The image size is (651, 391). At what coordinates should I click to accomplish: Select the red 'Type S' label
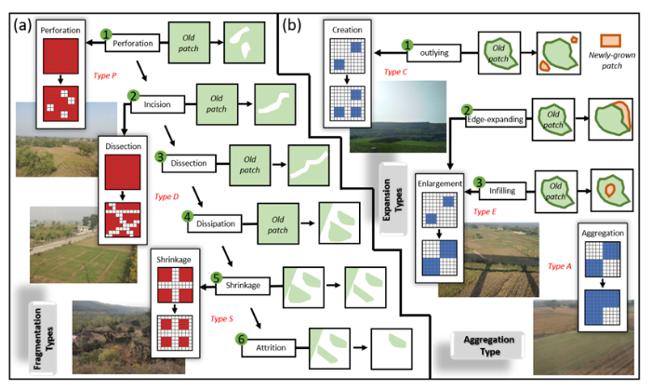[221, 318]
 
